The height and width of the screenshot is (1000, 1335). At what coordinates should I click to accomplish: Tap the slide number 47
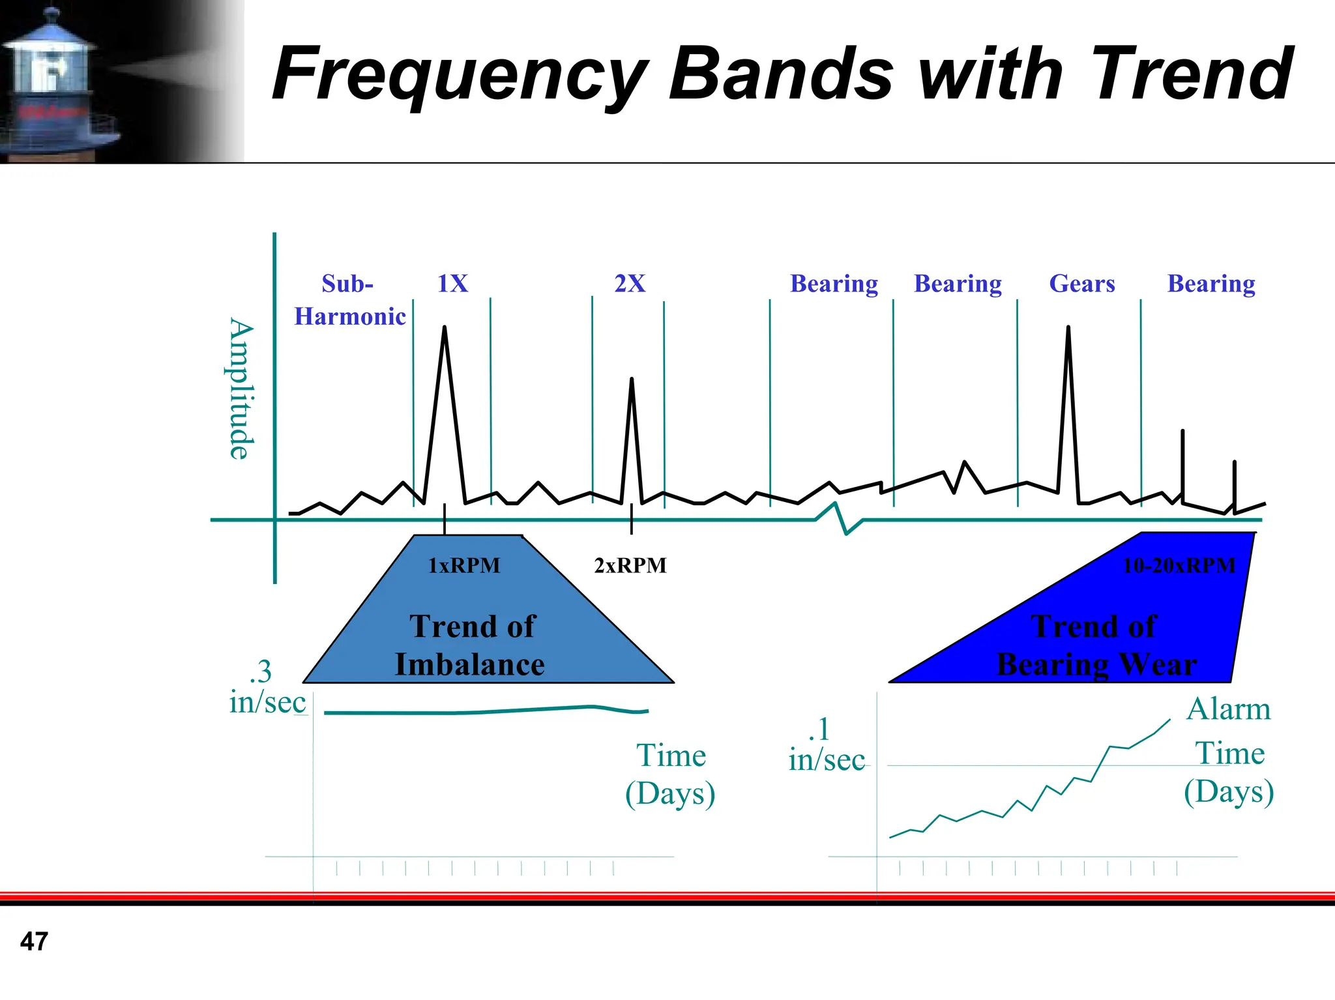point(34,941)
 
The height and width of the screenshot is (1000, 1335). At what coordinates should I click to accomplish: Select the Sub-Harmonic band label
point(349,300)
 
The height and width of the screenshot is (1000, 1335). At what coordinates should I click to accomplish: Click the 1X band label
point(452,284)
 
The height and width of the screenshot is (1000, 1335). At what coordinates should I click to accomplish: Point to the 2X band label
point(630,284)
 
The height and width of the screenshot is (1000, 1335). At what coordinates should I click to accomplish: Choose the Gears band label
point(1082,284)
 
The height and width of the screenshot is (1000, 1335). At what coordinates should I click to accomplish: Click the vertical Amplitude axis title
point(240,389)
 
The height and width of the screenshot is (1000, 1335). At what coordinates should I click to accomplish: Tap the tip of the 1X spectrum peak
point(445,328)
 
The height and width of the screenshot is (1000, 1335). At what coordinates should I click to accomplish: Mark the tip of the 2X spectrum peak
point(631,380)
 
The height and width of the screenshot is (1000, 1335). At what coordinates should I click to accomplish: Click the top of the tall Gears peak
point(1068,328)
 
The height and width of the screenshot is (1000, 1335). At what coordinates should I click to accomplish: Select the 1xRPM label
point(464,565)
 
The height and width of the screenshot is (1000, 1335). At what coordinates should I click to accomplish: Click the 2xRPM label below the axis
point(630,565)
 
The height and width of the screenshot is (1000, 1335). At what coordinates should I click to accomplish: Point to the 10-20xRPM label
point(1179,565)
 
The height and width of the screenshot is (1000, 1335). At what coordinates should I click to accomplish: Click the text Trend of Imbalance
point(471,645)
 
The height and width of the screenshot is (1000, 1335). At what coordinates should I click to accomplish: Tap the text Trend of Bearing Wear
point(1096,645)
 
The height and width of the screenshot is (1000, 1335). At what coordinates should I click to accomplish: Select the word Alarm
point(1228,709)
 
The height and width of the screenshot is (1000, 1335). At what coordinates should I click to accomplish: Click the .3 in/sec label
point(267,687)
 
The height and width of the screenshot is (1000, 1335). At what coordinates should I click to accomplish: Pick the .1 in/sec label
point(826,744)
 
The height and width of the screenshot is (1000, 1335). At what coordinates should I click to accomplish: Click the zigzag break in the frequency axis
point(840,519)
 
